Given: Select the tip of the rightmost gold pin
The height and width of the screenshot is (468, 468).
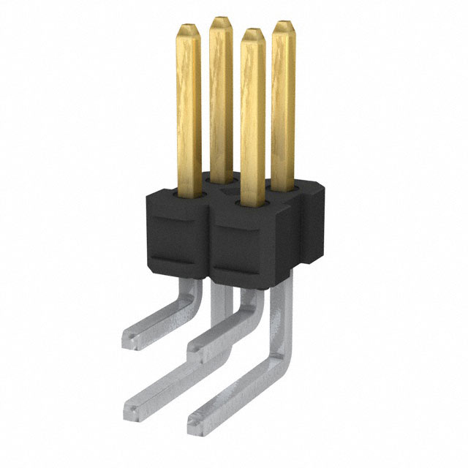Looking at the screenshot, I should (284, 24).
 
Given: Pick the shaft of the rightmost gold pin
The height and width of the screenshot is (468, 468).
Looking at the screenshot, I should (284, 102).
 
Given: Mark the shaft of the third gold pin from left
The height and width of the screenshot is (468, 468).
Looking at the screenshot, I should (253, 117).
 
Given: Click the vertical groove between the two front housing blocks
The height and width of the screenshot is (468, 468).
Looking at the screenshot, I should (211, 241).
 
